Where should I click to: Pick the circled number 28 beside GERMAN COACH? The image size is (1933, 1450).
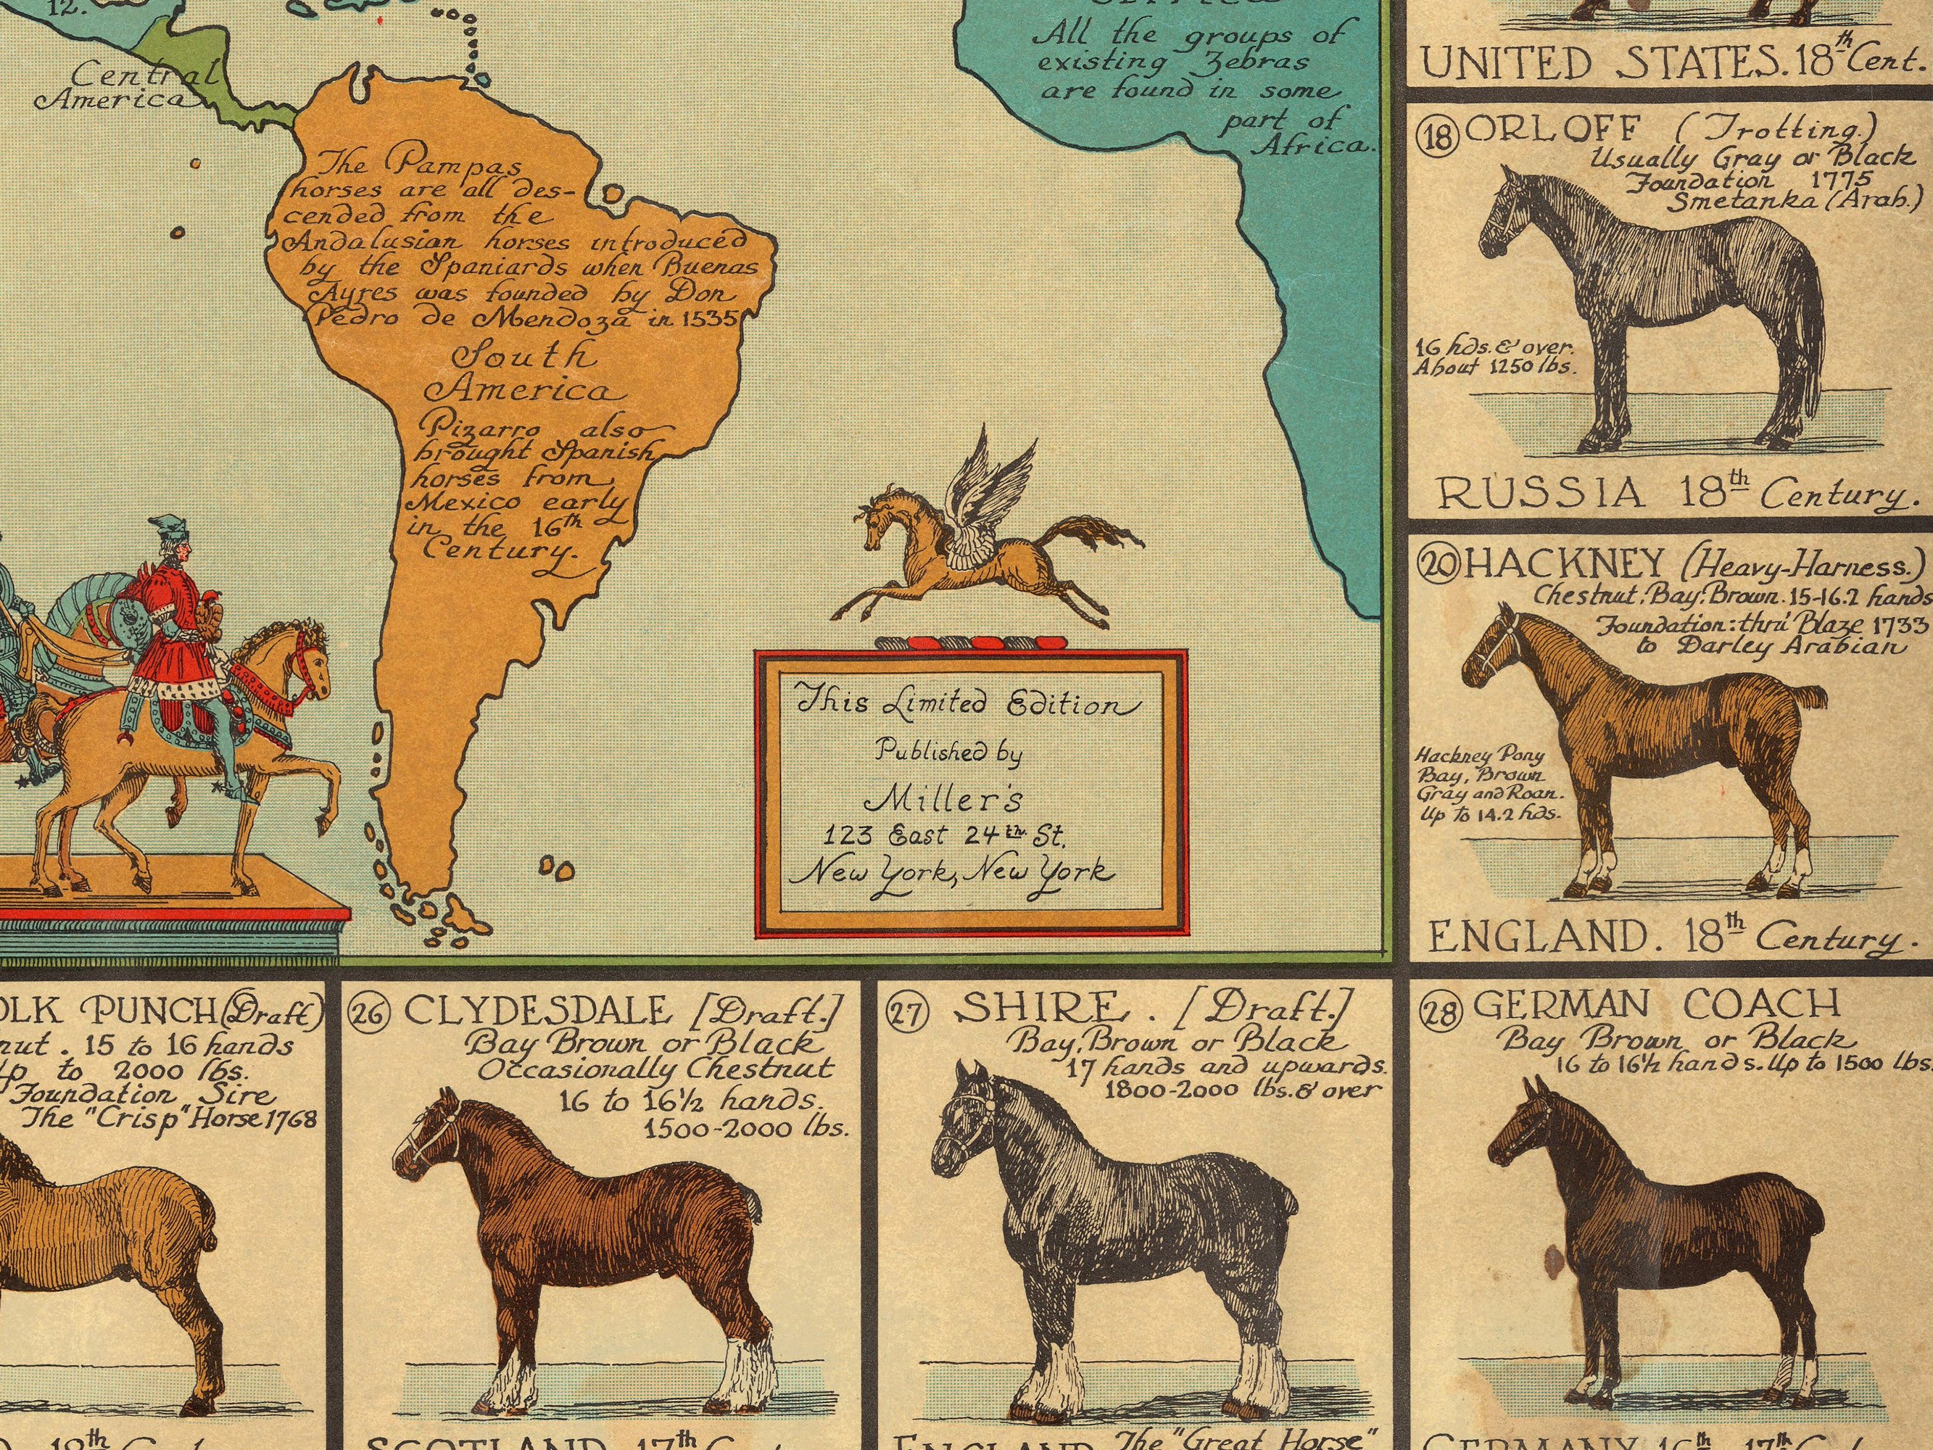tap(1439, 1013)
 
